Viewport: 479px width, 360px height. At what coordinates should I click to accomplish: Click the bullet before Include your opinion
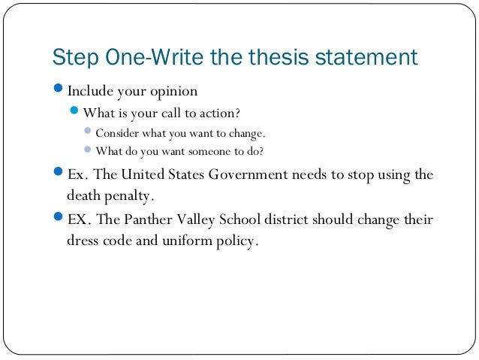[x=59, y=92]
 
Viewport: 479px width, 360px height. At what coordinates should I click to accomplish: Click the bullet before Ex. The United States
[x=59, y=174]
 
